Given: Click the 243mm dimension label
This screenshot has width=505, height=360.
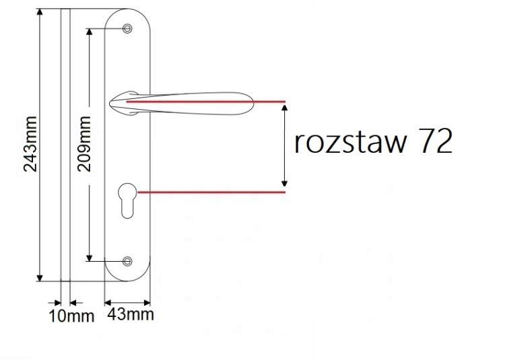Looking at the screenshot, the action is tap(31, 144).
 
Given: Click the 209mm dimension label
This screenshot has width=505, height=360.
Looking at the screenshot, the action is tap(84, 143).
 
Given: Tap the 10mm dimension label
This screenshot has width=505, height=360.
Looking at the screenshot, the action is tap(71, 316).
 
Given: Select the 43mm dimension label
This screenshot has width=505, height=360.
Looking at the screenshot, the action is tap(131, 314).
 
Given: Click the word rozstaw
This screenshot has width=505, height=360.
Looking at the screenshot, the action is tap(350, 142).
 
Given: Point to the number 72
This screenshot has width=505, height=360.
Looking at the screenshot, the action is tap(436, 141).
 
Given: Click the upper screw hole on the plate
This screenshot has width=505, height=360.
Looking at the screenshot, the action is tap(127, 29).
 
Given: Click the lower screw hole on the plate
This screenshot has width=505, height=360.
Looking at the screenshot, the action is tap(127, 261).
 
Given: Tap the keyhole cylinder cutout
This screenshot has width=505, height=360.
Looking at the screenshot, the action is tap(127, 201).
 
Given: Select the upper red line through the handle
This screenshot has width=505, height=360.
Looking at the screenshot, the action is tap(206, 102).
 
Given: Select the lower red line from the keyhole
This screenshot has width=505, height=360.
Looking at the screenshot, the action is tap(211, 192).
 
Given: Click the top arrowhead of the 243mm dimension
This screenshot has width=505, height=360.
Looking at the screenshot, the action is tap(40, 11).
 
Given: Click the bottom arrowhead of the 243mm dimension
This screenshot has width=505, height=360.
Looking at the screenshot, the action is tap(40, 278).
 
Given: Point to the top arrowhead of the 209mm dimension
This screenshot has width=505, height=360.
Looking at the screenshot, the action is tap(90, 32).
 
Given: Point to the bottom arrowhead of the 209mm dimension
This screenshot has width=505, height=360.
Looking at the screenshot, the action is tap(90, 258).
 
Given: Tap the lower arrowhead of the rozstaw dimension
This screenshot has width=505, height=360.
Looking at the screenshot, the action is tap(284, 184).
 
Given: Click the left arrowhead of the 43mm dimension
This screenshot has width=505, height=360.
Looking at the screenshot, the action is tap(108, 303).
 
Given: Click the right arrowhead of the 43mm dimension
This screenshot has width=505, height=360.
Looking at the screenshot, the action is tap(147, 303).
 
